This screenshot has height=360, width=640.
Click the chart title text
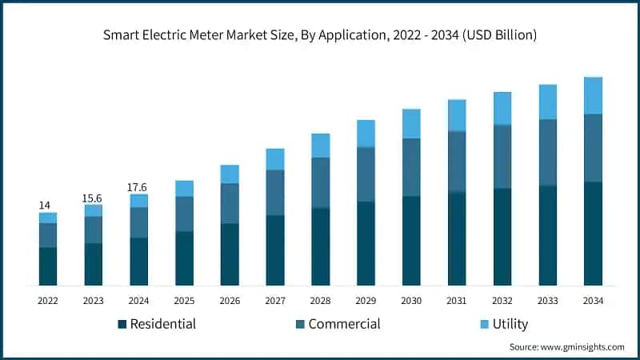(320, 35)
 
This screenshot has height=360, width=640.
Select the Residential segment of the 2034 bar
(593, 234)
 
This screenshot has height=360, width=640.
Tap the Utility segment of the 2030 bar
(411, 123)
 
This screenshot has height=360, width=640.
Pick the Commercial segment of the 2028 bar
(321, 182)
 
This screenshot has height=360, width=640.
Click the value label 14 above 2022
(46, 206)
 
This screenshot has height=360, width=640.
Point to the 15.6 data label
(94, 198)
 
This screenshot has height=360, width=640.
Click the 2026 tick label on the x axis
(230, 301)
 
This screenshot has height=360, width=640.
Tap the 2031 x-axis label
(457, 301)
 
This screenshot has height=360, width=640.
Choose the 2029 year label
(366, 301)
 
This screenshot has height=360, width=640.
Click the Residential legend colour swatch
(122, 324)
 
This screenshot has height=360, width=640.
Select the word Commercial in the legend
(344, 324)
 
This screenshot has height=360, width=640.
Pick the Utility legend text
(510, 324)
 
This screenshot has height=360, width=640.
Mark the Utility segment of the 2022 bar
(48, 218)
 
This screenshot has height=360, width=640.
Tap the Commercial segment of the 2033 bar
(548, 152)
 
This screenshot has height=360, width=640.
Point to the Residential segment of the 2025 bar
(185, 258)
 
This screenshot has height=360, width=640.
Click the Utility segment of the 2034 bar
(593, 95)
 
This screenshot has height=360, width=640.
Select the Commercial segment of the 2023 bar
(94, 230)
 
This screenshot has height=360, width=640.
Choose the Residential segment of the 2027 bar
(275, 250)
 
